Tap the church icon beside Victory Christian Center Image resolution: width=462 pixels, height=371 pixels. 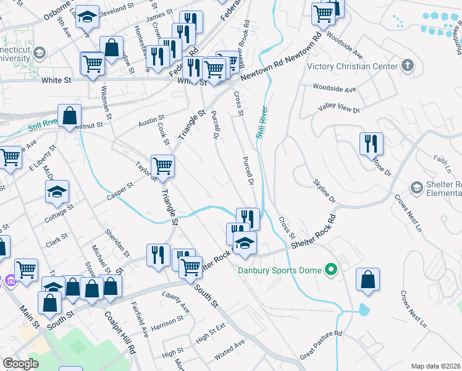tap(407, 65)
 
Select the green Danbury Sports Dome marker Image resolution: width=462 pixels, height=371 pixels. tap(331, 269)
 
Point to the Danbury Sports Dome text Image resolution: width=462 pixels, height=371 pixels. tap(281, 270)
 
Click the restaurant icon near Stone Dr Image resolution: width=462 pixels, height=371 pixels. tap(371, 143)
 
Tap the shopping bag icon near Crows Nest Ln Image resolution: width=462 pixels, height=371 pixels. tap(368, 279)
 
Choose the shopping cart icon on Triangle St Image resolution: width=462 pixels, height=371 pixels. tap(162, 165)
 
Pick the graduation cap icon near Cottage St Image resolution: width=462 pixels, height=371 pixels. tap(57, 191)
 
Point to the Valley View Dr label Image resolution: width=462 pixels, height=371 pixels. tap(338, 109)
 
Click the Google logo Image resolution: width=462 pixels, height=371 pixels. tap(20, 364)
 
